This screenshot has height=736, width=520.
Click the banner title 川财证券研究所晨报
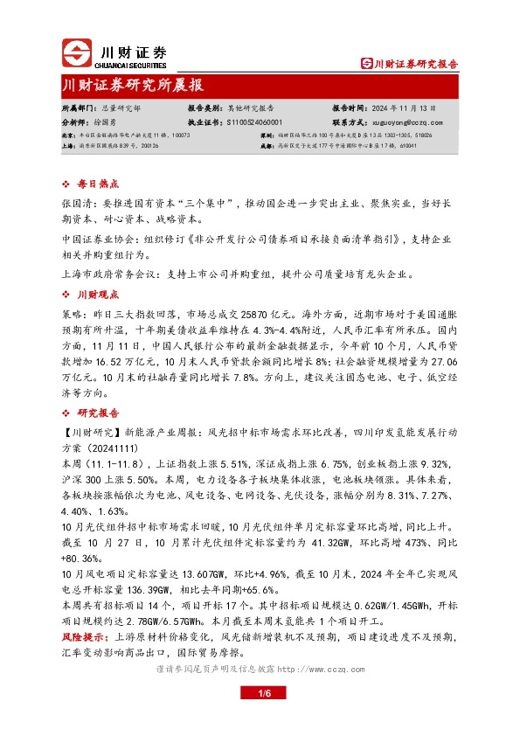pyautogui.click(x=133, y=86)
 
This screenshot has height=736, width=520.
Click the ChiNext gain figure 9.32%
pyautogui.click(x=437, y=459)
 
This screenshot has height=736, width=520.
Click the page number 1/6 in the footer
pyautogui.click(x=260, y=693)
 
